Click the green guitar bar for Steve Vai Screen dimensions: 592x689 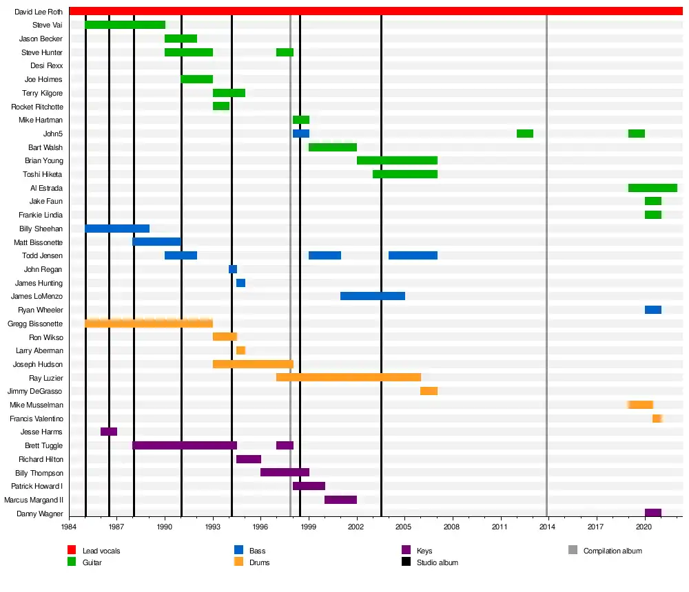[x=125, y=25]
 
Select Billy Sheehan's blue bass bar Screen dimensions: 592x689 [x=117, y=229]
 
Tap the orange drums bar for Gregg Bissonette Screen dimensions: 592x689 [x=149, y=324]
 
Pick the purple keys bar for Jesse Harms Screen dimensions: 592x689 [x=109, y=432]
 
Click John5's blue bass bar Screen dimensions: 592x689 [x=301, y=134]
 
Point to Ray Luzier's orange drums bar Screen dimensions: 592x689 [x=349, y=377]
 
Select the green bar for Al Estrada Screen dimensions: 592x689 [x=652, y=188]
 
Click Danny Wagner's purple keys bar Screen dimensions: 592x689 [x=653, y=513]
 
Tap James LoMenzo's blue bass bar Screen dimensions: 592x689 [x=373, y=296]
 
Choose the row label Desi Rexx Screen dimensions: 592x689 [x=46, y=66]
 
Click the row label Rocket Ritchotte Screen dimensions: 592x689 [x=37, y=107]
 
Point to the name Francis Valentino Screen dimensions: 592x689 [x=37, y=419]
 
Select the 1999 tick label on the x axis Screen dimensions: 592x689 [x=309, y=527]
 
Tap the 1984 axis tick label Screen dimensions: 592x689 [x=69, y=527]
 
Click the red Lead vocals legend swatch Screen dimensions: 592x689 [x=72, y=550]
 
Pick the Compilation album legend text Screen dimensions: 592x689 [x=613, y=551]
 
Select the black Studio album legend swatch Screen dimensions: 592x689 [x=406, y=562]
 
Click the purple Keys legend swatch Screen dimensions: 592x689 [x=406, y=550]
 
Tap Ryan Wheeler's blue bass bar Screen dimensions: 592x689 [x=653, y=310]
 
